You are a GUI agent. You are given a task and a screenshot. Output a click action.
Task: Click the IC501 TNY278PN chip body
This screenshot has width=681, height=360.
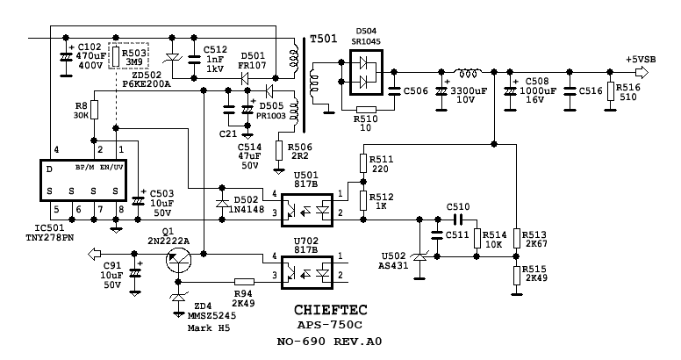tap(83, 180)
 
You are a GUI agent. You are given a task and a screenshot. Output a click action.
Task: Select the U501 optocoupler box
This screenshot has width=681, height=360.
tap(307, 210)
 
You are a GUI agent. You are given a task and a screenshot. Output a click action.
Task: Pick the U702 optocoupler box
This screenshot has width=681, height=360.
tap(307, 272)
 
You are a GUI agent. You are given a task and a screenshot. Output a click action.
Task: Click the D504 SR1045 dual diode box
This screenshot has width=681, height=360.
tap(366, 72)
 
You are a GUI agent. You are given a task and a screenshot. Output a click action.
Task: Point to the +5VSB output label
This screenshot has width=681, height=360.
tap(641, 60)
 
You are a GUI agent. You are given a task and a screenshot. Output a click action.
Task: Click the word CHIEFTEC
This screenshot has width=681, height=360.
tap(331, 310)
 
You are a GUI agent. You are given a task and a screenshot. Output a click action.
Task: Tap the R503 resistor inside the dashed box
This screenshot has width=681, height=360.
tap(116, 56)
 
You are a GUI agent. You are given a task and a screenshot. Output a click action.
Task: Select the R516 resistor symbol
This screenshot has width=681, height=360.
tap(610, 91)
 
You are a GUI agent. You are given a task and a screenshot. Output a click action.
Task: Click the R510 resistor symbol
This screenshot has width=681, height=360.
tap(366, 110)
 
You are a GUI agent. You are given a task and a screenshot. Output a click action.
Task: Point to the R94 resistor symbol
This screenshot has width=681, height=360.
tap(244, 282)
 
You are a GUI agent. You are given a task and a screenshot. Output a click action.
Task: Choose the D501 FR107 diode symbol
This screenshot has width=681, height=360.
tap(244, 78)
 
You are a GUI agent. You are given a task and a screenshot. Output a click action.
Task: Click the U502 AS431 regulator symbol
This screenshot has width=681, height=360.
tap(419, 257)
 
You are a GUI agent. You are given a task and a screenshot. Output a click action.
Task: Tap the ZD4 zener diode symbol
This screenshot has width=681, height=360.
tap(178, 297)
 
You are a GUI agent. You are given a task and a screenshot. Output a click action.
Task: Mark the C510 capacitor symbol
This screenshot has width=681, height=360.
tap(458, 220)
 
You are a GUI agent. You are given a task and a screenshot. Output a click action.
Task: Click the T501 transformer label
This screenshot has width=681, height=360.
tap(324, 40)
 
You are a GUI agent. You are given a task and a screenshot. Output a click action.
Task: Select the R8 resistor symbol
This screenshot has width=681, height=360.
tap(94, 110)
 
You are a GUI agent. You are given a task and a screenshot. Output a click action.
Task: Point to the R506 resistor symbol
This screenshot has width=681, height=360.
tap(279, 151)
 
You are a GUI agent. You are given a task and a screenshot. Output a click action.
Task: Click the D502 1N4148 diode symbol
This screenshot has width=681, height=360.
tap(222, 203)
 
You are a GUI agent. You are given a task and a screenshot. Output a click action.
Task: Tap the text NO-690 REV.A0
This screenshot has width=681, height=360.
tap(330, 342)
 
